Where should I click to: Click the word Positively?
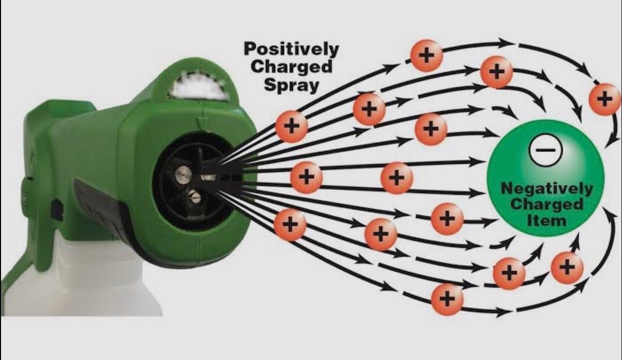pos(291,50)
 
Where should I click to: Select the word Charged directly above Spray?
pos(299,67)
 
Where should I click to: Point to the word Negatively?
pos(547,188)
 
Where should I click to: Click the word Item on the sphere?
pos(547,221)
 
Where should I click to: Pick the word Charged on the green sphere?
pos(547,204)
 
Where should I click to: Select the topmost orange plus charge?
pos(426,55)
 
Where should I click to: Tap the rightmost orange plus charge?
pos(604,98)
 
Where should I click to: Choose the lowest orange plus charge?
pos(447,298)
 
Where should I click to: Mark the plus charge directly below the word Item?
pos(567,267)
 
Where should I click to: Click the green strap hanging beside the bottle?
pos(21,268)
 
